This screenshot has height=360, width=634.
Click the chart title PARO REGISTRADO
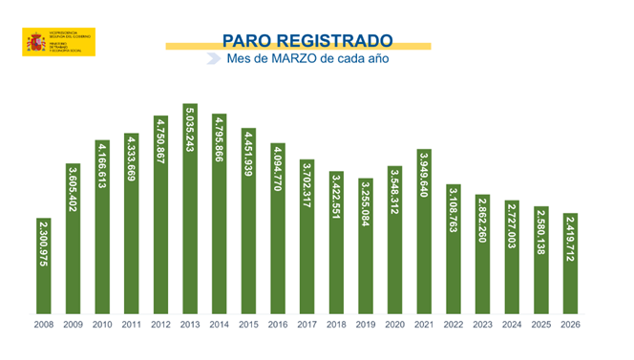(x=306, y=40)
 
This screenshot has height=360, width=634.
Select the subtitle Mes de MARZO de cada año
(x=306, y=58)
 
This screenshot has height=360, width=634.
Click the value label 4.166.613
(x=102, y=173)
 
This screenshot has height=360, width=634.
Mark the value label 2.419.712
(x=570, y=244)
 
